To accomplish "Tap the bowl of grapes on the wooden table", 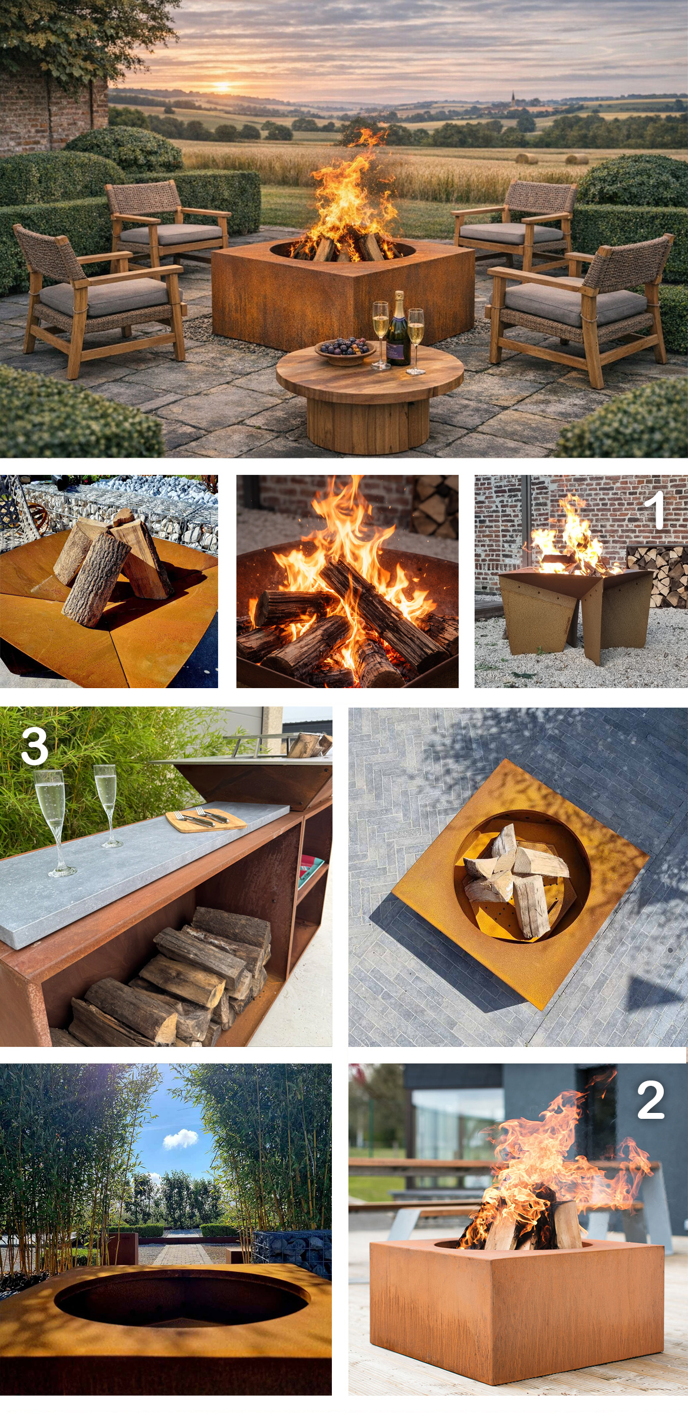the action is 345,347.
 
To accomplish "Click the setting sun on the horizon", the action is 222,87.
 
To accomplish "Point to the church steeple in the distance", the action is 513,97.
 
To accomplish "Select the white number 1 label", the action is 654,510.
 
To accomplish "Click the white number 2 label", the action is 651,1100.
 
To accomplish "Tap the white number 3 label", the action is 34,746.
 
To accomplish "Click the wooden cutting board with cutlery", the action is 206,820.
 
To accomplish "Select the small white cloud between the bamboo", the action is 180,1139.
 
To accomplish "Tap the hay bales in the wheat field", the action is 552,158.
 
